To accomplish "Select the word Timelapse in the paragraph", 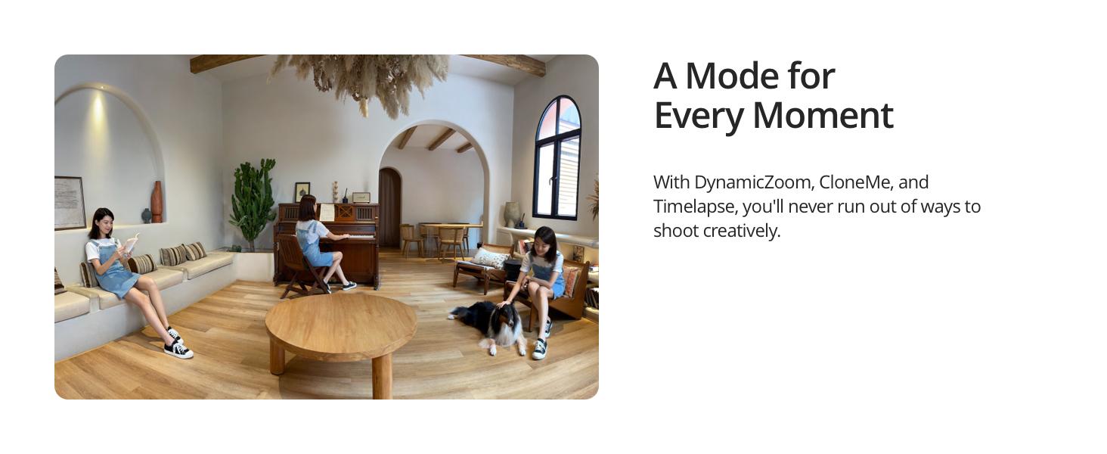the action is point(694,207).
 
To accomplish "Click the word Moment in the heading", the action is point(823,116).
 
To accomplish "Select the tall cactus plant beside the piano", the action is point(253,202).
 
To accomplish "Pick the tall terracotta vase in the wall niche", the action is point(157,202).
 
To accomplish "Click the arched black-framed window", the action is point(557,158).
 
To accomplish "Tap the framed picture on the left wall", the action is point(70,203).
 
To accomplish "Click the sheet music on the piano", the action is point(327,213).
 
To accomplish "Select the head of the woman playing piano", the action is point(307,208).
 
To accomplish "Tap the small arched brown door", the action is point(389,208).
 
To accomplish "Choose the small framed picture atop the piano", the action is point(302,192).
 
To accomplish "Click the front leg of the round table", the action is point(382,376).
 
